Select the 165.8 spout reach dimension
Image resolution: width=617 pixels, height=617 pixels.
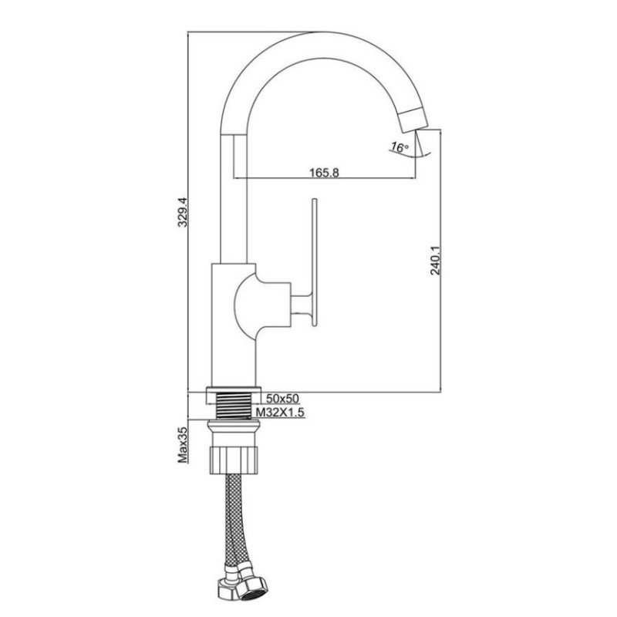325,172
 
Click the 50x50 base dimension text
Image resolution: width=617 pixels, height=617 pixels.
282,399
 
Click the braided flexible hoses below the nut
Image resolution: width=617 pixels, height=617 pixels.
238,524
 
